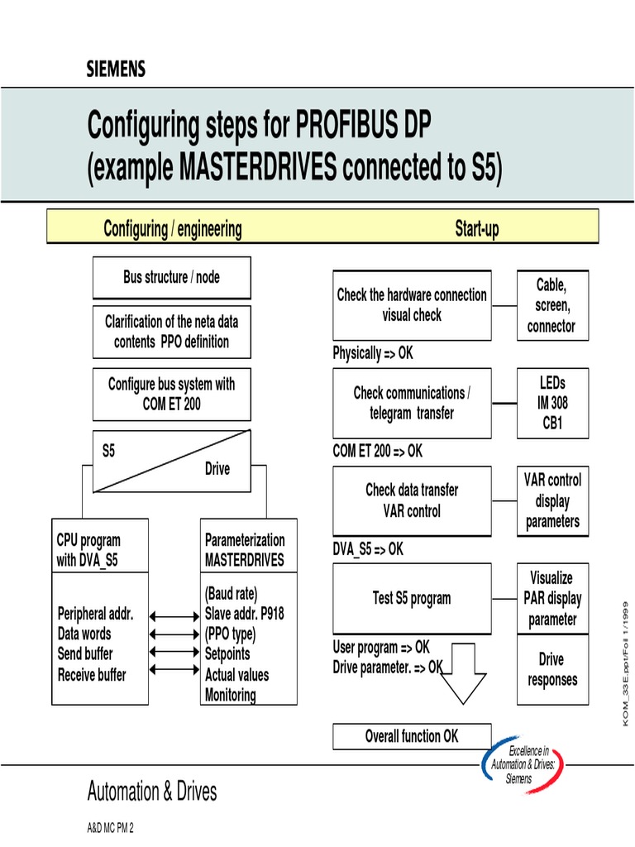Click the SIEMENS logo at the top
pos(116,69)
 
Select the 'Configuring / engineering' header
pos(173,229)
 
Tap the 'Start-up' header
pos(477,229)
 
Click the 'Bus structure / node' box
pos(171,278)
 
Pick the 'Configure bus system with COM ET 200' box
pos(171,395)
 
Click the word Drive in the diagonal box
pos(217,469)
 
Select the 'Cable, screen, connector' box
pos(551,305)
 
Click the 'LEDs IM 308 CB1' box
pos(553,404)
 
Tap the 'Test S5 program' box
pos(412,598)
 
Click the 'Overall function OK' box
pos(412,736)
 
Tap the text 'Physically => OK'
pos(373,353)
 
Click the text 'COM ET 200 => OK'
pos(378,451)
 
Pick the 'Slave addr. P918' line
pos(243,614)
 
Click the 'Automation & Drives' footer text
pos(152,792)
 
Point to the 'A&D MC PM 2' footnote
pos(111,828)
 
